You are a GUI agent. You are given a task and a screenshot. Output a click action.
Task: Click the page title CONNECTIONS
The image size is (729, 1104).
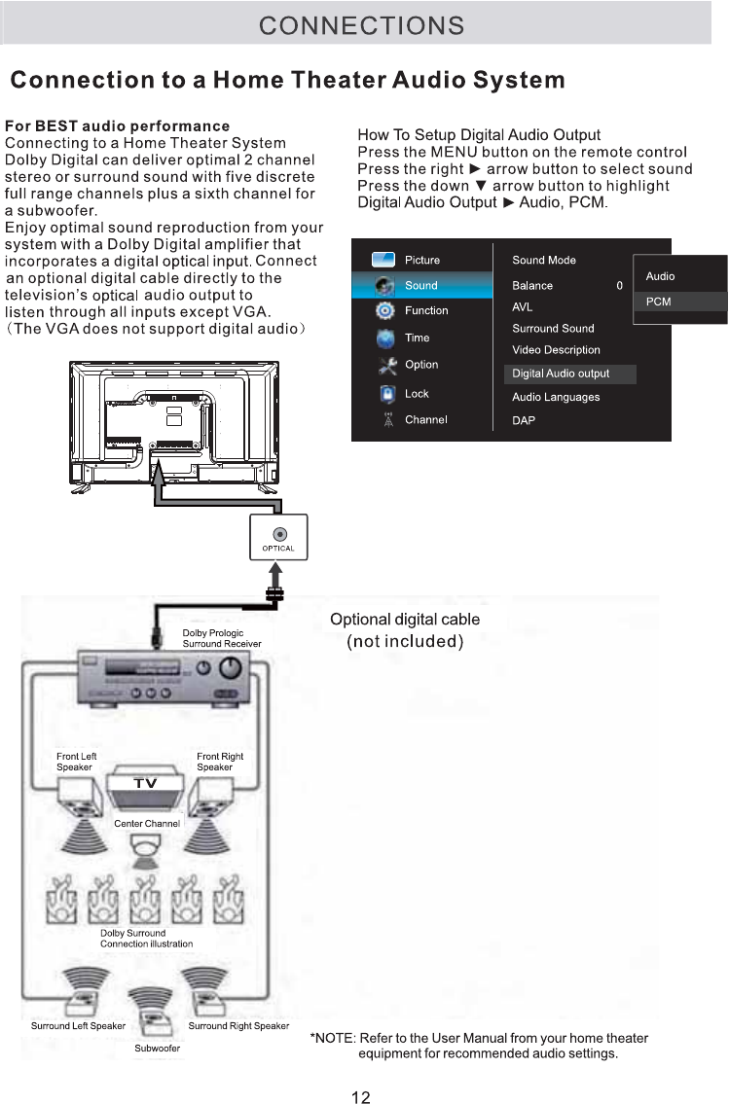click(x=361, y=25)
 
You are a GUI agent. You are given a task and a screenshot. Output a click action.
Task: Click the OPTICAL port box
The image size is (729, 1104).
click(x=278, y=537)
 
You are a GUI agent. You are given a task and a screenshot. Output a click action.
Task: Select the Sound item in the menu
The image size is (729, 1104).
click(x=421, y=286)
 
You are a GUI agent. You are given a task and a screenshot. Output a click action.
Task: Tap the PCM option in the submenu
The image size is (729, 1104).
click(x=659, y=302)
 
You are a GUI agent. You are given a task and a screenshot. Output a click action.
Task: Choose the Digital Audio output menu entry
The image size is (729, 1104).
click(x=561, y=374)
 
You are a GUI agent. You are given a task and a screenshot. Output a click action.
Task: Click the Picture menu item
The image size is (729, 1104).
click(x=422, y=261)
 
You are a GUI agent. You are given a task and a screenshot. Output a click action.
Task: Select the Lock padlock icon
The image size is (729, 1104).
click(x=386, y=394)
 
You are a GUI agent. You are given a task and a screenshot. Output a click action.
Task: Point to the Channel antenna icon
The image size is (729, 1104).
click(x=386, y=419)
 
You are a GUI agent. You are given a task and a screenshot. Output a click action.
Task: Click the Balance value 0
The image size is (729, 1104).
click(x=619, y=286)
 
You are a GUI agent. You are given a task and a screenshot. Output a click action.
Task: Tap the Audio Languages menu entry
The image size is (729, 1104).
click(x=556, y=397)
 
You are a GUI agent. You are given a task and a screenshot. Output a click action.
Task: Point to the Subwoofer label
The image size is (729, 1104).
click(x=157, y=1048)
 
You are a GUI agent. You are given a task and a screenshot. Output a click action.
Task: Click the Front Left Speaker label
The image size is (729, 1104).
click(x=76, y=762)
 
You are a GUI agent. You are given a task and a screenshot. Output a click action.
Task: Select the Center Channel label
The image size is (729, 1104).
click(x=147, y=824)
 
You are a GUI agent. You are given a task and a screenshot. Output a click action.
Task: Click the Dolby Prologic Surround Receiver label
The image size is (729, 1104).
click(x=222, y=638)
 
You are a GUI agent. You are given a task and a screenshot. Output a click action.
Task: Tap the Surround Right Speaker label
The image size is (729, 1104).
click(x=238, y=1026)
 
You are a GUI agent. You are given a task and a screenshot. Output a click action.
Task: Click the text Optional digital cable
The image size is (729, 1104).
click(x=405, y=620)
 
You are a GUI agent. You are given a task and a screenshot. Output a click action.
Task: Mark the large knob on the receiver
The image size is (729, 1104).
click(x=230, y=669)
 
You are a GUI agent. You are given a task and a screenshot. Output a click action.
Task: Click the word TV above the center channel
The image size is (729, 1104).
click(x=145, y=784)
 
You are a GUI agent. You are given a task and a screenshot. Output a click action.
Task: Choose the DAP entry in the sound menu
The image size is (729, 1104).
click(x=524, y=421)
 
